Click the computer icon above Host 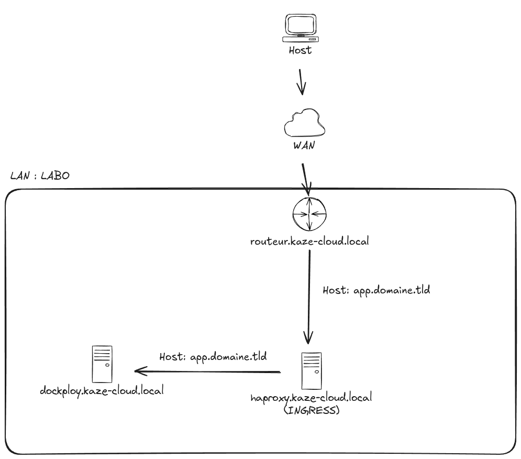pos(301,28)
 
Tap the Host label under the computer pos(301,51)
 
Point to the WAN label pos(304,146)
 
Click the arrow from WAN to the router pos(306,178)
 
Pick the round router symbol pos(309,214)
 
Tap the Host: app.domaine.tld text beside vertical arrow pos(376,290)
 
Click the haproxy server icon pos(312,370)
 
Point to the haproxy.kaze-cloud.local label pos(312,398)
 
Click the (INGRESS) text pos(312,410)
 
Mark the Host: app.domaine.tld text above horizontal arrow pos(213,357)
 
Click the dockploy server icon pos(102,364)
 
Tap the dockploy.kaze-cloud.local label pos(102,390)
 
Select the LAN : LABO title pos(40,176)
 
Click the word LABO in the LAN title pos(55,176)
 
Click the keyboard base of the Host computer pos(301,39)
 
